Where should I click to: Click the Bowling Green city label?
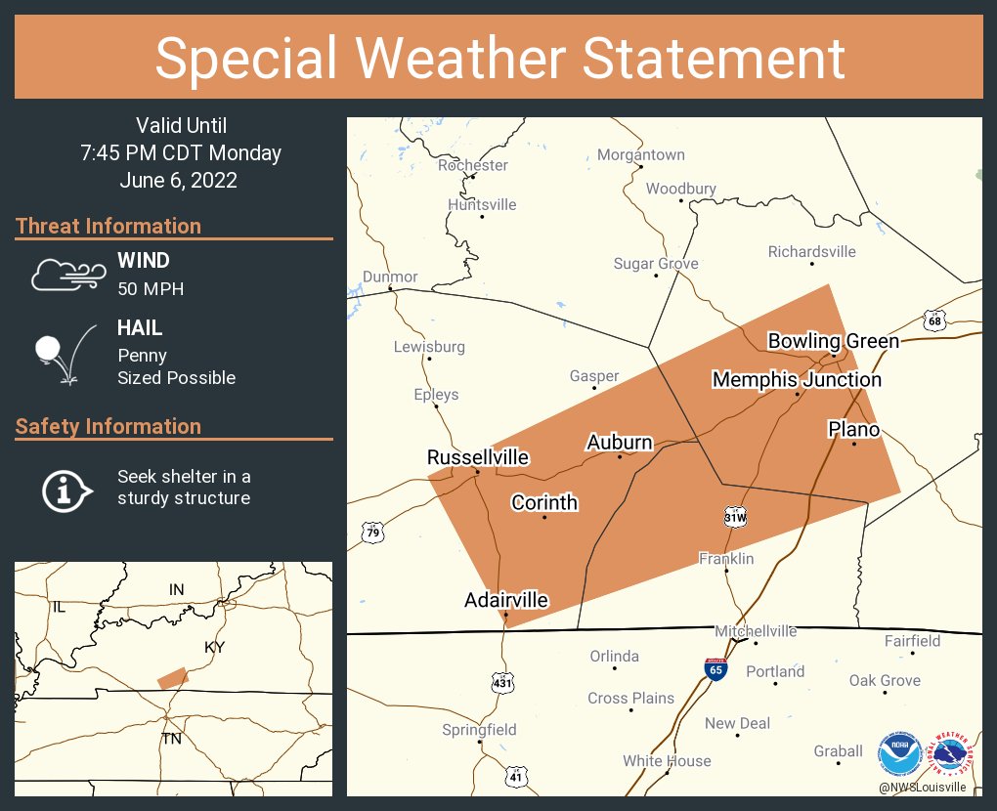click(x=833, y=341)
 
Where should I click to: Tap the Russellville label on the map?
click(x=477, y=457)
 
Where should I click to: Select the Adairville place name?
click(x=505, y=600)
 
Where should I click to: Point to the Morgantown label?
click(x=640, y=154)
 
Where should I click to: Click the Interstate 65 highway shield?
click(x=715, y=669)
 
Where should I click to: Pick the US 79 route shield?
click(x=371, y=533)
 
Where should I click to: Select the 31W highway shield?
click(x=735, y=516)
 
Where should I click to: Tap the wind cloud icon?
click(x=65, y=275)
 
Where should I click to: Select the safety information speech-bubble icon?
click(x=65, y=489)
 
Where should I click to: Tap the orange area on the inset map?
click(x=172, y=678)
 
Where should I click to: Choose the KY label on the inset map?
click(x=214, y=649)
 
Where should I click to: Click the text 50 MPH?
click(x=151, y=289)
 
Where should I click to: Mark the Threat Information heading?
click(x=108, y=226)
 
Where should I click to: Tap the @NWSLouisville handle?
click(x=922, y=787)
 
